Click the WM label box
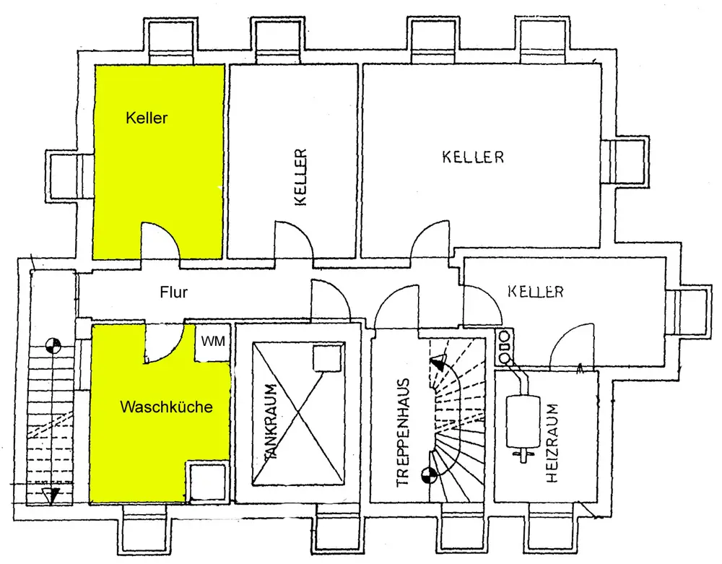[214, 340]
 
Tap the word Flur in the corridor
[173, 292]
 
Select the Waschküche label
[167, 407]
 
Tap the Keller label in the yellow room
[146, 118]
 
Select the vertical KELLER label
[301, 177]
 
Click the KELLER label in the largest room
[473, 157]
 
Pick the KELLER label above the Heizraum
[536, 292]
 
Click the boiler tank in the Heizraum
[522, 422]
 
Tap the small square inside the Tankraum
[327, 357]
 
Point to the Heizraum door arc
[570, 345]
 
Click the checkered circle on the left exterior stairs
[52, 346]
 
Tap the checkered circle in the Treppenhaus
[429, 474]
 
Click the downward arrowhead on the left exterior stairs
[48, 496]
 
